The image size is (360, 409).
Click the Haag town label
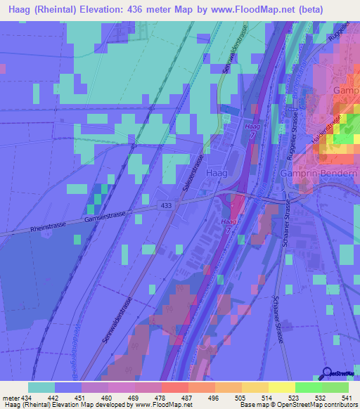click(216, 172)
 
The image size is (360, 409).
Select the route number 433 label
click(166, 205)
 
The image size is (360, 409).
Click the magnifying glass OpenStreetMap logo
click(327, 375)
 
